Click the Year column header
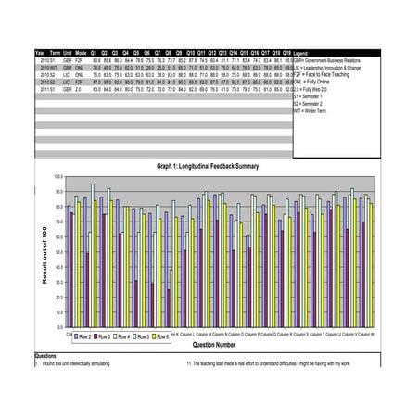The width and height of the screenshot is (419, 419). (39, 53)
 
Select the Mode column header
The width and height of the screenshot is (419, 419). (81, 53)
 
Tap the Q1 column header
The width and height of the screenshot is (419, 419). (96, 53)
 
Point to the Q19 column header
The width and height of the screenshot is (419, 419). (286, 53)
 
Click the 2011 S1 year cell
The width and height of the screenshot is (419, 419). (41, 88)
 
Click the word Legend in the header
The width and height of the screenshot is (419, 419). (302, 54)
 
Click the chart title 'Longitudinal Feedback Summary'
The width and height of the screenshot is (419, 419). (200, 166)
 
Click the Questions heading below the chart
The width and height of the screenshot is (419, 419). (45, 356)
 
